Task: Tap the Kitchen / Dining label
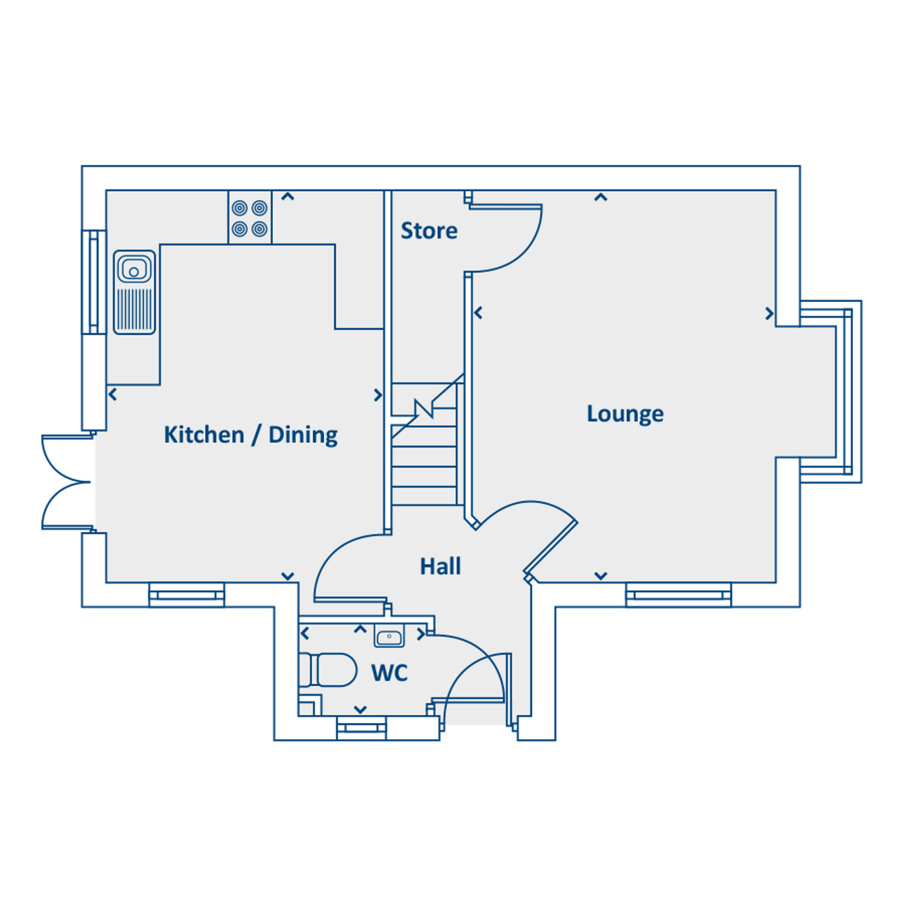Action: coord(251,435)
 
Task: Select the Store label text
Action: coord(429,231)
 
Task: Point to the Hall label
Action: coord(440,566)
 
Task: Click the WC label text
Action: coord(389,673)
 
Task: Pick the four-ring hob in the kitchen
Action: coord(250,218)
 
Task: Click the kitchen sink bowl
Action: coord(134,268)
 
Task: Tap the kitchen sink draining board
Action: coord(134,310)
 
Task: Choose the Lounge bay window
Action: coord(831,391)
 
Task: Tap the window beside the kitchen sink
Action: coord(94,282)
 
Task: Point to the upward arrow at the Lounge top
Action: coord(601,197)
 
